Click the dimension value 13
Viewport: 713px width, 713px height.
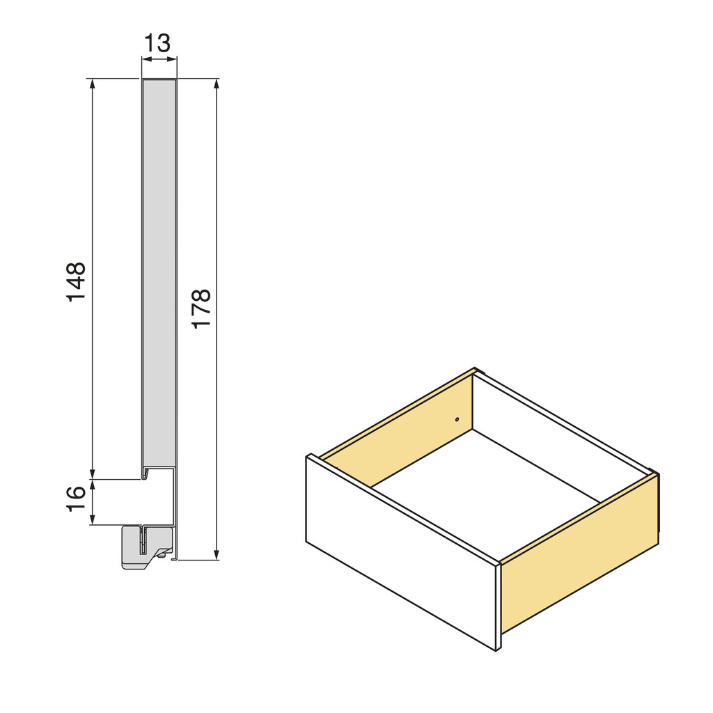[157, 43]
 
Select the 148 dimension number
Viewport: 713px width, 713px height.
[76, 281]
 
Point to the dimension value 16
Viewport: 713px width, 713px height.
[76, 498]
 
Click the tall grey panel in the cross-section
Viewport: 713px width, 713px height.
[159, 272]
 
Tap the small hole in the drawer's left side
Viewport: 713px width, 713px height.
[457, 419]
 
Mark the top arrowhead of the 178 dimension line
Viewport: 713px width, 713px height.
[217, 84]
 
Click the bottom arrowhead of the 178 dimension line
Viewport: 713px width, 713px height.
[217, 554]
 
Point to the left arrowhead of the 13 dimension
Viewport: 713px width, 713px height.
[145, 60]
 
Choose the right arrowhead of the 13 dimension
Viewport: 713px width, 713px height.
[173, 60]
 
